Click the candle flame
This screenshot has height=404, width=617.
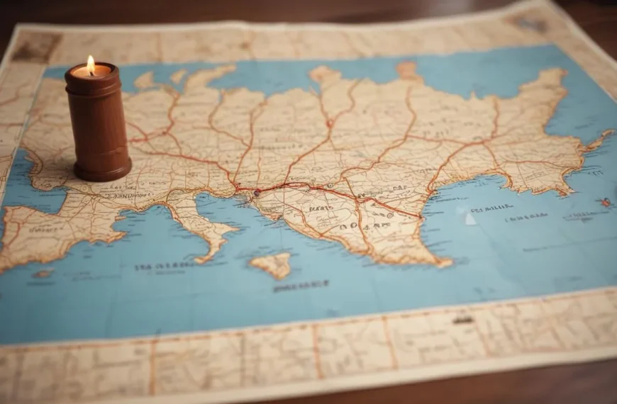click(x=90, y=64)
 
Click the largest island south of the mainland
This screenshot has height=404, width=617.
click(x=272, y=265)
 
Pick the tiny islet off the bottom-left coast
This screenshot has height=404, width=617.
click(x=43, y=274)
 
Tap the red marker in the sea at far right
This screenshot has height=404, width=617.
click(x=606, y=202)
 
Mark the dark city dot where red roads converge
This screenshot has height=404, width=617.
click(x=257, y=191)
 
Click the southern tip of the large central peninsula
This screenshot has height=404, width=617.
click(x=443, y=262)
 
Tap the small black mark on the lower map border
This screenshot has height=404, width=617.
click(x=463, y=320)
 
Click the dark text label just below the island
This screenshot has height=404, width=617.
click(x=301, y=286)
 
